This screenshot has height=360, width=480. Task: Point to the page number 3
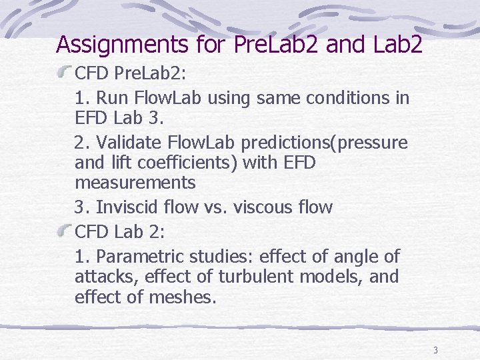[x=435, y=351]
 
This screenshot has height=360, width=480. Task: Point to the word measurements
[x=135, y=181]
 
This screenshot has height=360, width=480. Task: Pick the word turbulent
[x=265, y=276]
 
